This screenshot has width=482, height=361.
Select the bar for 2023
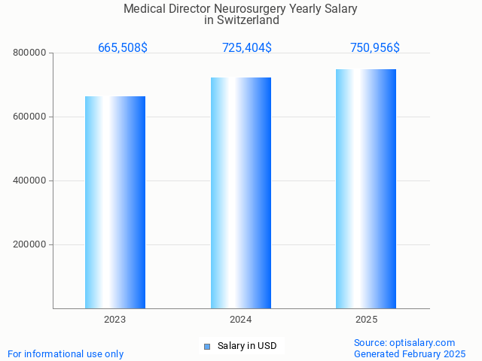click(x=115, y=202)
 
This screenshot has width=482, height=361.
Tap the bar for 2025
click(x=366, y=189)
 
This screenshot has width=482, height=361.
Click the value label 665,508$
click(x=123, y=48)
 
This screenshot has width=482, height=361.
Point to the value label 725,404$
click(x=247, y=48)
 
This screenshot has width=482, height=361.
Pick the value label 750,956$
click(x=375, y=48)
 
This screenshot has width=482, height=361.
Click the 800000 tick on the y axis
click(x=30, y=53)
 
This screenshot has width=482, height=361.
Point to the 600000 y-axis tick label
click(x=30, y=117)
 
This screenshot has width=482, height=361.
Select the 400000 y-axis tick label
click(x=30, y=181)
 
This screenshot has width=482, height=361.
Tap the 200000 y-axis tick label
click(x=30, y=245)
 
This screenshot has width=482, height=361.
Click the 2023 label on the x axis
click(x=115, y=320)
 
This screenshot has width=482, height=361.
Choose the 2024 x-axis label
click(x=241, y=320)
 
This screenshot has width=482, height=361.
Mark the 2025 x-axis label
click(x=366, y=320)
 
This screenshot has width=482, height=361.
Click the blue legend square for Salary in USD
click(x=206, y=347)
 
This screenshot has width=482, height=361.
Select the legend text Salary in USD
click(x=247, y=347)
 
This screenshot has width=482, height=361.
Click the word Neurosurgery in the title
click(x=256, y=9)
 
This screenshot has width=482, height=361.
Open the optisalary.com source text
click(x=404, y=343)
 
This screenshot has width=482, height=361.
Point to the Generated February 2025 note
click(x=410, y=354)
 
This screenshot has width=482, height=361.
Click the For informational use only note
click(x=66, y=354)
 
